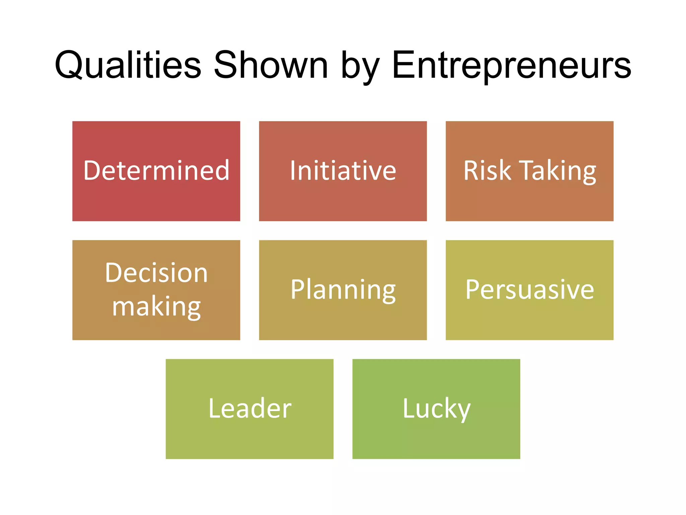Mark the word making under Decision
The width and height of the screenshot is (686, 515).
[x=156, y=307]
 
